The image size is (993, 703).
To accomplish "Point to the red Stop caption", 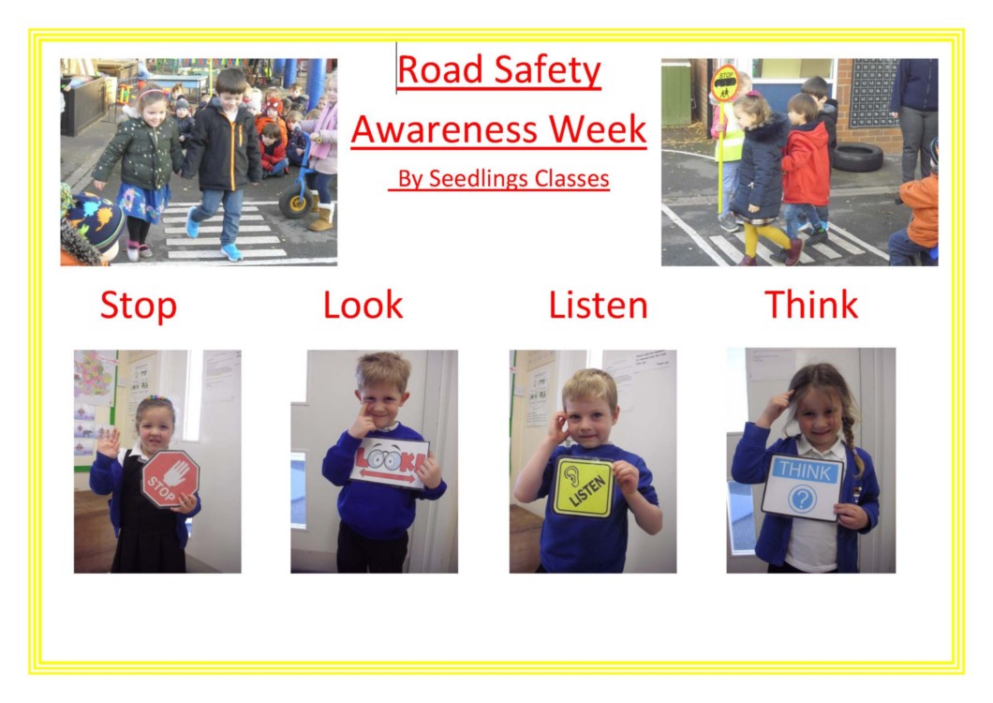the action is click(138, 305).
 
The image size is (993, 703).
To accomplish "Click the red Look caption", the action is click(363, 305).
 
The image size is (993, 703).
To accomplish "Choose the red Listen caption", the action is click(598, 305).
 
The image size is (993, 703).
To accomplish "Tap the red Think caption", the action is click(811, 305).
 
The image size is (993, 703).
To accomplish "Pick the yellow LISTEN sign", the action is click(584, 486).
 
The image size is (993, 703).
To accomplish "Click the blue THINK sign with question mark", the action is click(803, 486).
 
